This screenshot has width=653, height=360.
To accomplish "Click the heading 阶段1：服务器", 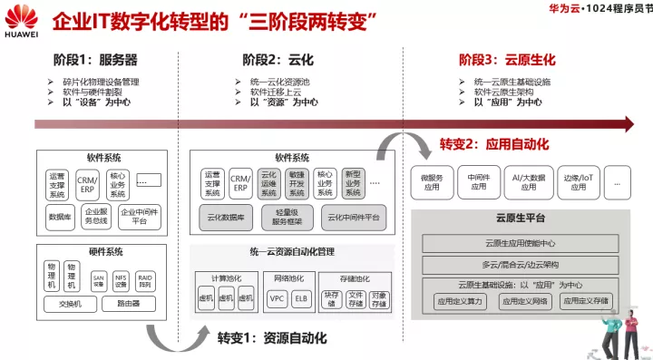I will pos(94,60).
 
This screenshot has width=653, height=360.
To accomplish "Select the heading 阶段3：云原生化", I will pos(503,60).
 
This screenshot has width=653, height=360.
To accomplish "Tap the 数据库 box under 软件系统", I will pos(61,217).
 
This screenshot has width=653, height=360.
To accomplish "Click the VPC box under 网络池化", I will pos(277,297).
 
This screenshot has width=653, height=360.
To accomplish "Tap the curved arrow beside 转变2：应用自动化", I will pos(400,146).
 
